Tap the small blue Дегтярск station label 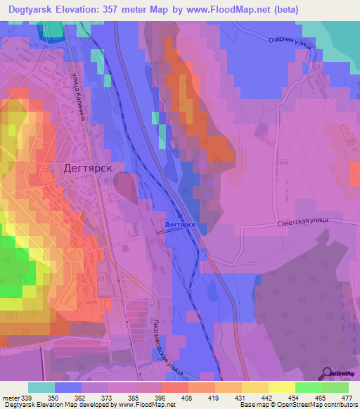pos(179,226)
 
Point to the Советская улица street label pos(307,221)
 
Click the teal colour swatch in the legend pos(41,387)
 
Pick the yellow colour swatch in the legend pos(281,387)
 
